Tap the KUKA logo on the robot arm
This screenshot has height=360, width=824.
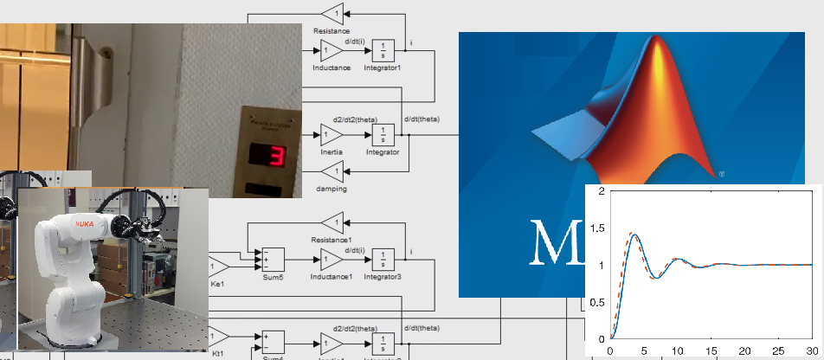tap(84, 224)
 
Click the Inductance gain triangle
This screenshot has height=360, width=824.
tap(331, 50)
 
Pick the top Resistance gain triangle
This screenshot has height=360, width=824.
tap(332, 12)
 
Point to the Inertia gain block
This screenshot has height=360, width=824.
tap(331, 134)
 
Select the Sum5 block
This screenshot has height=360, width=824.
tap(273, 258)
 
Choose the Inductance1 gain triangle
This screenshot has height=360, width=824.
tap(331, 258)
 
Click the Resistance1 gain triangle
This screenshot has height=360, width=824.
tap(332, 222)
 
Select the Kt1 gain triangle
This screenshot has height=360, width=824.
tap(217, 336)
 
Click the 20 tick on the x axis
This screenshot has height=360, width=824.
tap(744, 350)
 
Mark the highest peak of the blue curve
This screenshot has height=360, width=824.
tap(634, 234)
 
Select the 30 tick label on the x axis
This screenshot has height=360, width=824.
tap(811, 350)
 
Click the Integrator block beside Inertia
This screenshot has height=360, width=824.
tap(383, 134)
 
